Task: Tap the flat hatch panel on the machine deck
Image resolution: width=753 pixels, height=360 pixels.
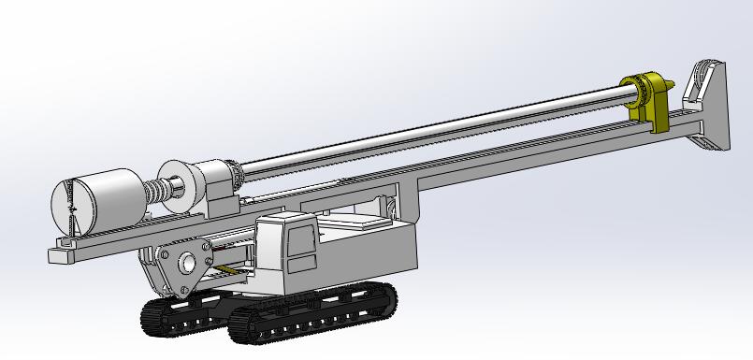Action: point(356,223)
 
